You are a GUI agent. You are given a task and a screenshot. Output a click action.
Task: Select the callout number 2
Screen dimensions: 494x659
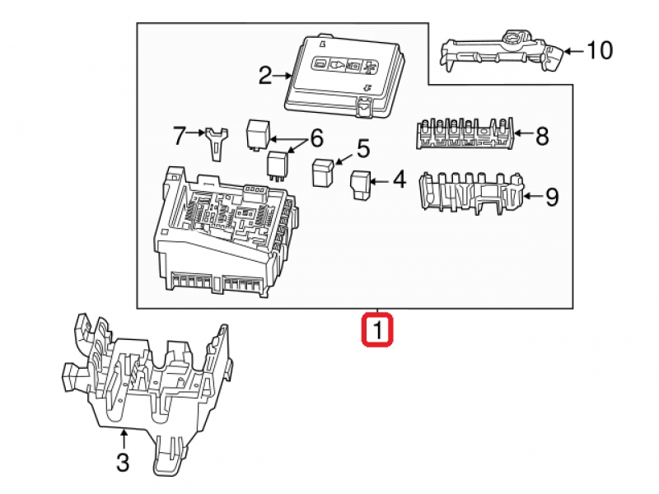(264, 77)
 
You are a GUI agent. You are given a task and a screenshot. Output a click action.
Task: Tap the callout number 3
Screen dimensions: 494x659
(122, 464)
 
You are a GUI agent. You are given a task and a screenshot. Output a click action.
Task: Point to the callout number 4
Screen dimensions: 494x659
(398, 179)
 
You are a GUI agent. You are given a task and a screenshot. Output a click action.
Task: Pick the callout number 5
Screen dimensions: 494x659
(362, 149)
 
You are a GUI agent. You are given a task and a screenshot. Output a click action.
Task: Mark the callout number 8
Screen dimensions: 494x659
(541, 136)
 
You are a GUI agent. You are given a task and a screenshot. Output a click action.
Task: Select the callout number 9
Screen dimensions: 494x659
(551, 197)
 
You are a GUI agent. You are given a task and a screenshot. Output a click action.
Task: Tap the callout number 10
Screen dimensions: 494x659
(600, 51)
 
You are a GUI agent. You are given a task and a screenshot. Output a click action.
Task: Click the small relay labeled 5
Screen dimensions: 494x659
(321, 172)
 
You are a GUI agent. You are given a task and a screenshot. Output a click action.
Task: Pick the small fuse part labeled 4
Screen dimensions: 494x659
(361, 184)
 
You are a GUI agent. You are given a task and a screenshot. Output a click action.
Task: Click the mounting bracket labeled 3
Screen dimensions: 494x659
(148, 379)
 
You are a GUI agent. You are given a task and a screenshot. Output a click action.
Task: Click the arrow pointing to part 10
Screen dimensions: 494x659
(574, 51)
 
